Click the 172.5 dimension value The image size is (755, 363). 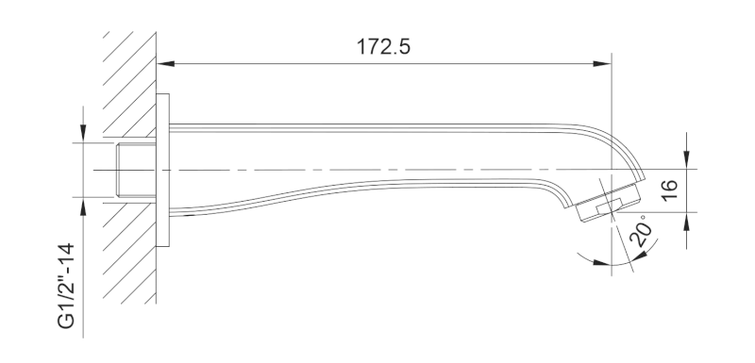(383, 47)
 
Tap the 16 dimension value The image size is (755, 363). (670, 190)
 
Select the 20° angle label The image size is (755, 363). (642, 232)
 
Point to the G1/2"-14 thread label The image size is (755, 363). (66, 286)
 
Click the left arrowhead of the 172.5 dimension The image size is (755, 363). (166, 63)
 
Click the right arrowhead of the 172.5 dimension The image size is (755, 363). (602, 63)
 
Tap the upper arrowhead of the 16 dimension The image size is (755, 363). (686, 160)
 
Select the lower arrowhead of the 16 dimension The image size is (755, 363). (686, 222)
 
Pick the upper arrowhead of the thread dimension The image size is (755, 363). (83, 134)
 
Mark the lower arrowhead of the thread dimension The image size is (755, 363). (83, 206)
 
